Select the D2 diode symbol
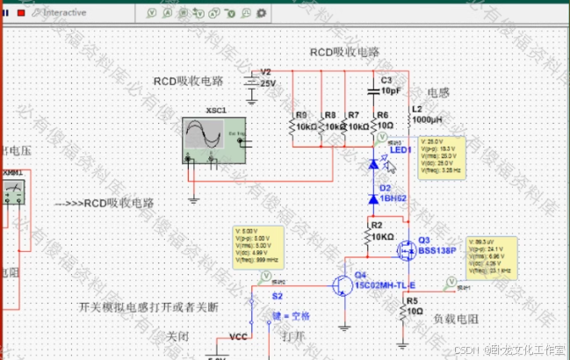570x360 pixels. click(373, 199)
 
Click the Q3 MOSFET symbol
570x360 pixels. click(405, 249)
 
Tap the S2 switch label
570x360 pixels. click(277, 298)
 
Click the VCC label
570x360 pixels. click(237, 336)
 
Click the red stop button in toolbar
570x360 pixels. click(20, 12)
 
